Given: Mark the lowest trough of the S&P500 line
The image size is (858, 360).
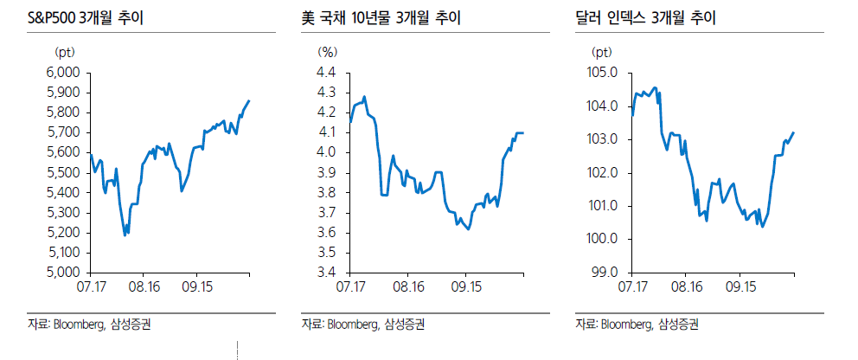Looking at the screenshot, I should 125,235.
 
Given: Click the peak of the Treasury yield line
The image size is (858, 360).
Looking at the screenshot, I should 364,97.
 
